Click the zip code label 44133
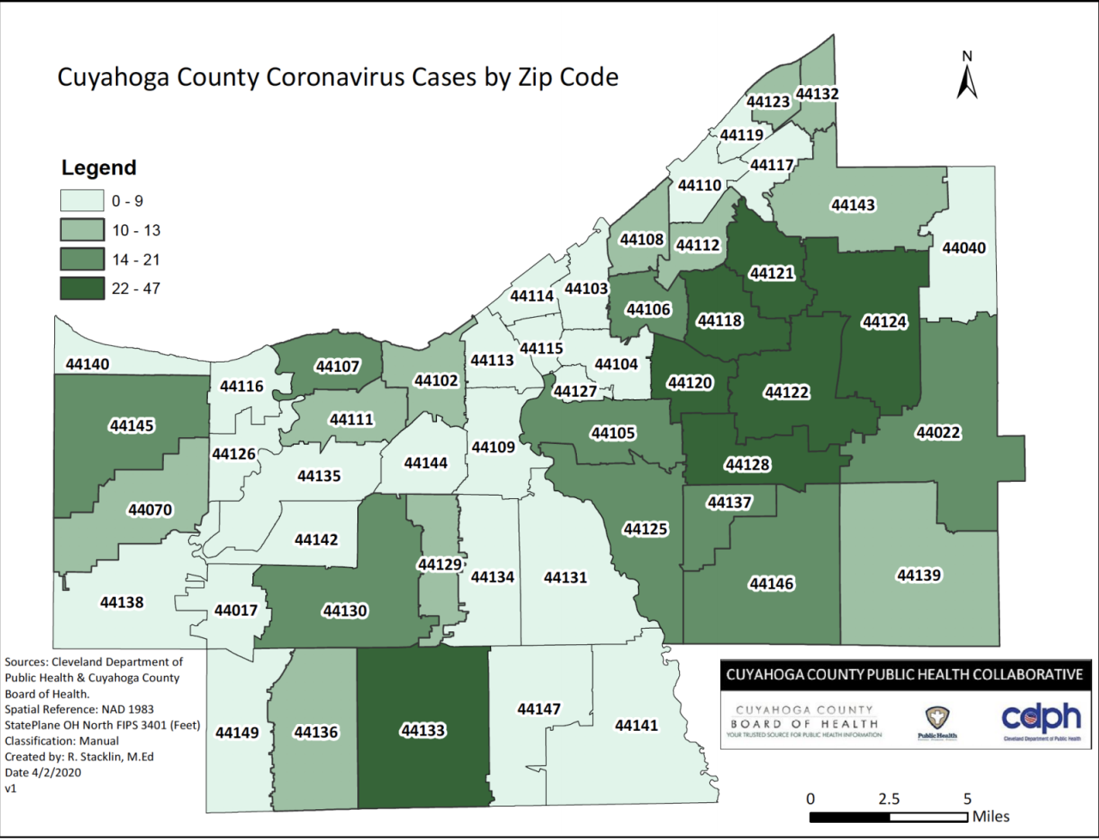422,731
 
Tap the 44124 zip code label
884,322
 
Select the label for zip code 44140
88,364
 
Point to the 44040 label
964,248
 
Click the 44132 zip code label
817,94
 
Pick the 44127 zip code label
574,392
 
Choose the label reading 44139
920,575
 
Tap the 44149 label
236,733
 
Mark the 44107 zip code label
337,367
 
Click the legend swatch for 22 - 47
82,289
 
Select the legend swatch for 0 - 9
82,201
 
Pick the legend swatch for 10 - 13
82,230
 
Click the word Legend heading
99,167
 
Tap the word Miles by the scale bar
991,816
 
